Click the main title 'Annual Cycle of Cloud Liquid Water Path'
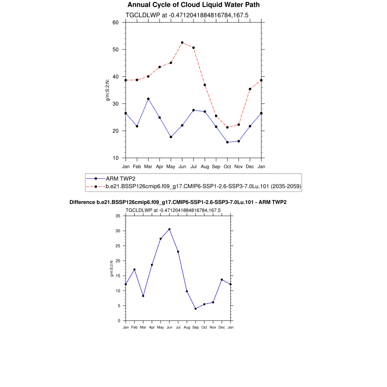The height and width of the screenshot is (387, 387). pyautogui.click(x=193, y=5)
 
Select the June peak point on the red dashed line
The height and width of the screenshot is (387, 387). pyautogui.click(x=182, y=43)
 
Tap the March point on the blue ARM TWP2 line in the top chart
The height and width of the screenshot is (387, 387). pyautogui.click(x=148, y=99)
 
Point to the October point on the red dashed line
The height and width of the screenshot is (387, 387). pyautogui.click(x=227, y=127)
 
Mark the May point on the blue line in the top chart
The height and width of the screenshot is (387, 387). pyautogui.click(x=171, y=137)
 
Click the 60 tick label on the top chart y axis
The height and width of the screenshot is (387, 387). pyautogui.click(x=116, y=22)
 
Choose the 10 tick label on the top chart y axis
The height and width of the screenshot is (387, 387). pyautogui.click(x=116, y=158)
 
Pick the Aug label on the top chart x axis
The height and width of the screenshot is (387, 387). pyautogui.click(x=205, y=166)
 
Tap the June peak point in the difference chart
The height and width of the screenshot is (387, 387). pyautogui.click(x=169, y=229)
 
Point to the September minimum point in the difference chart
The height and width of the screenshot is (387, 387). pyautogui.click(x=195, y=309)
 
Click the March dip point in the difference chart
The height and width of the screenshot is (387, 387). pyautogui.click(x=143, y=296)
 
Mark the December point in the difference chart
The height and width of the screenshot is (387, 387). pyautogui.click(x=222, y=280)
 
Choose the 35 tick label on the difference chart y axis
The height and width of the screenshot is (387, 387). pyautogui.click(x=118, y=216)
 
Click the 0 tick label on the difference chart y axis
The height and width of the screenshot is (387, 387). pyautogui.click(x=119, y=321)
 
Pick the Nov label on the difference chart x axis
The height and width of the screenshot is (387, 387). pyautogui.click(x=213, y=327)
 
